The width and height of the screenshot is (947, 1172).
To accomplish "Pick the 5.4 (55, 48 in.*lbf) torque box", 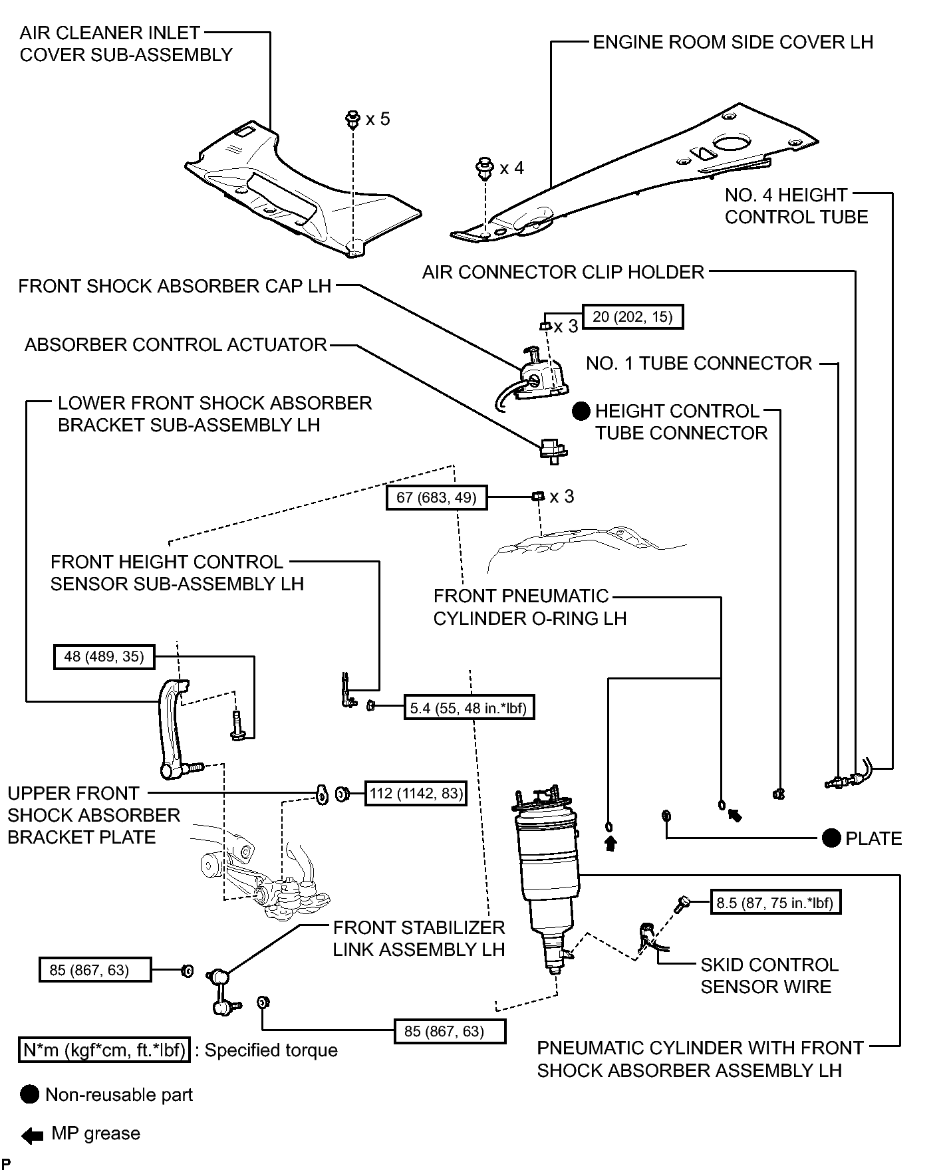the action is click(x=469, y=708).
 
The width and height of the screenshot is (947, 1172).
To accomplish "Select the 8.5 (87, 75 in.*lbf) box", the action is click(x=775, y=903).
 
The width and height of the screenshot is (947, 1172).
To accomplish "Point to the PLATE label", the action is click(x=874, y=838).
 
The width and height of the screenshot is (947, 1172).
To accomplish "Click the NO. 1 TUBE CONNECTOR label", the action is click(x=699, y=363).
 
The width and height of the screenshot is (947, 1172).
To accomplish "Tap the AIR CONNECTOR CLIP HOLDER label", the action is click(x=563, y=272).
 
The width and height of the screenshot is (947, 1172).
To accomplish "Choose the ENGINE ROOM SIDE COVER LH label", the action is click(x=733, y=42).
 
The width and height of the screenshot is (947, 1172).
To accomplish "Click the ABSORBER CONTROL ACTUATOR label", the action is click(x=176, y=344).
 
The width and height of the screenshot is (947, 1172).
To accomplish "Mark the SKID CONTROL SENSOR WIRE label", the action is click(x=769, y=975).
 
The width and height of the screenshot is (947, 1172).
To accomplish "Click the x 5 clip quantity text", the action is click(x=378, y=119).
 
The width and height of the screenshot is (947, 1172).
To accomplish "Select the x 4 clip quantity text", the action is click(x=511, y=168).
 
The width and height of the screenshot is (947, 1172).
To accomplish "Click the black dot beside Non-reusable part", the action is click(x=30, y=1095).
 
